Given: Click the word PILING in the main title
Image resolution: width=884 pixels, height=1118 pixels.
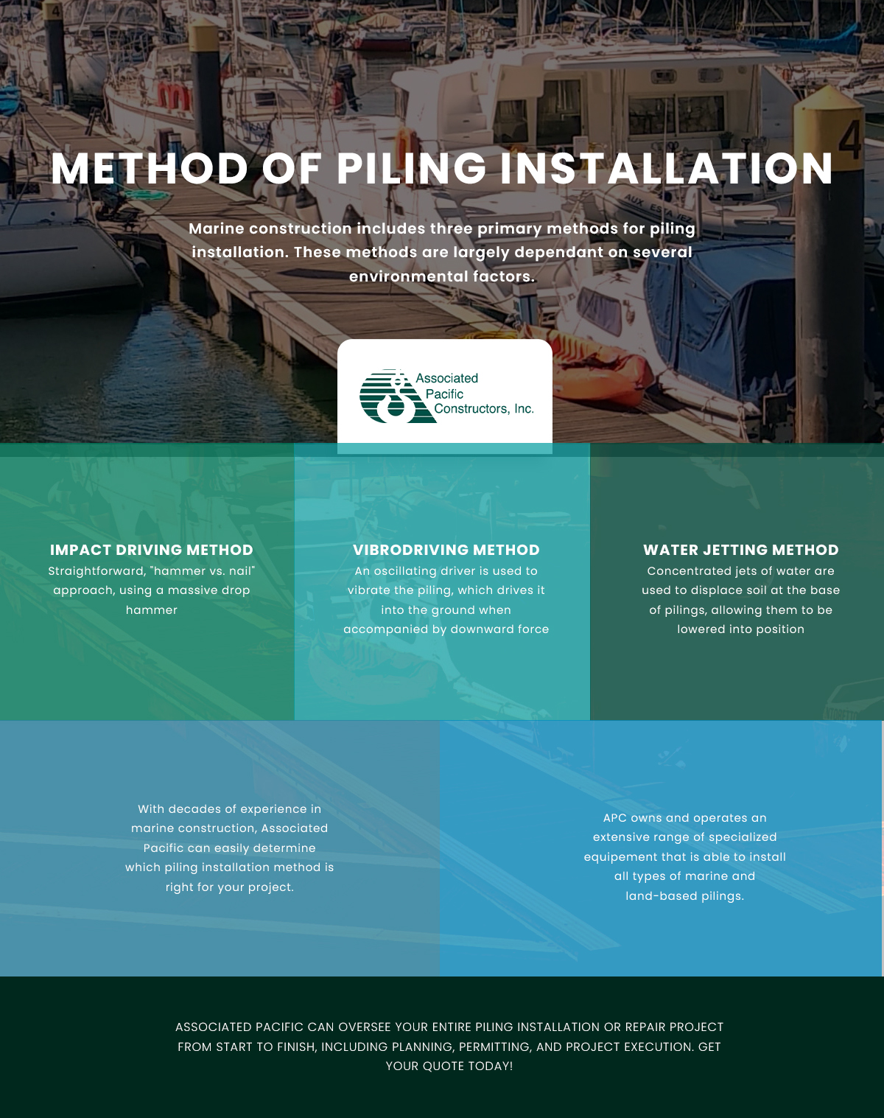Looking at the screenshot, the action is [x=411, y=169].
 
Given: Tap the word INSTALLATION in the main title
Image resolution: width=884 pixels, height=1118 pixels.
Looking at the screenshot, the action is [x=667, y=169].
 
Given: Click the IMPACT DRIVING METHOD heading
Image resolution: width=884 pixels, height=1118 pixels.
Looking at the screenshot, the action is [x=152, y=550].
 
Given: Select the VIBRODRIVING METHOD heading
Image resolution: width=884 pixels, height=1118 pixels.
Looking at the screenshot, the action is [x=446, y=550].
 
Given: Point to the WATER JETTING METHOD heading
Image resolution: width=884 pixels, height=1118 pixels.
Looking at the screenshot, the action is [x=740, y=550].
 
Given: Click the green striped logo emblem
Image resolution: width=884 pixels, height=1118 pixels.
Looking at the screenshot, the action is [x=397, y=396].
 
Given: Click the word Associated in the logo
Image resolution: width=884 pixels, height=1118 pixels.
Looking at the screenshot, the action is [x=446, y=378].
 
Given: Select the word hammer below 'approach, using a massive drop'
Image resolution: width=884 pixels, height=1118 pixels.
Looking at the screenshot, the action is [x=152, y=610].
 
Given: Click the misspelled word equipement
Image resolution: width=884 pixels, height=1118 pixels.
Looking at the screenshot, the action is [x=619, y=857].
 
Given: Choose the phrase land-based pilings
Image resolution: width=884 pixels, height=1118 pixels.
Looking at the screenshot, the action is [x=684, y=896].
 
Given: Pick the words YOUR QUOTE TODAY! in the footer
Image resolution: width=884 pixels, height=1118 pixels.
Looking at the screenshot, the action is [x=449, y=1066].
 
